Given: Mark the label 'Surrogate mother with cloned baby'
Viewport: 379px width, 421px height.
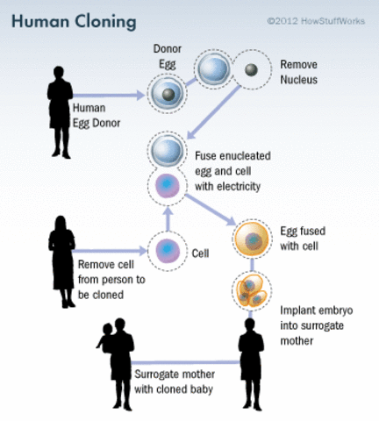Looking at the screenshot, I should coord(176,380).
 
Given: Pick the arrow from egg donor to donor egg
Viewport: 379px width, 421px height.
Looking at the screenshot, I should coord(114,91).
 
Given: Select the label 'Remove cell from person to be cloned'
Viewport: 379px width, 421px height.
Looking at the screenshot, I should coord(111,278).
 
